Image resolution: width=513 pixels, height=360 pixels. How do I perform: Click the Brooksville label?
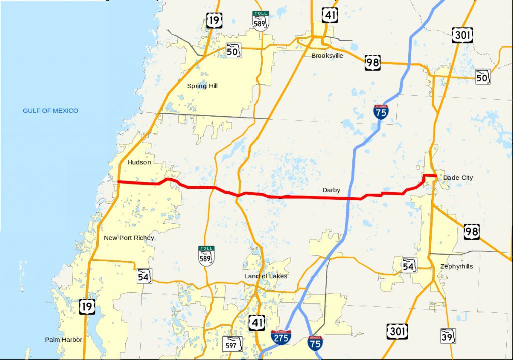click(327, 56)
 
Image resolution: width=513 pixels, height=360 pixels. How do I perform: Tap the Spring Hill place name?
click(202, 86)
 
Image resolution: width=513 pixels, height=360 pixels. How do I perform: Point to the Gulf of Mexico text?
click(50, 111)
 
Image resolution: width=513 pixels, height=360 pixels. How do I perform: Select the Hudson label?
click(139, 162)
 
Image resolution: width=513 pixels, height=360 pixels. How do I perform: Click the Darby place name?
click(331, 190)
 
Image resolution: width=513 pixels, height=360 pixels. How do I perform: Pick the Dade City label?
click(458, 178)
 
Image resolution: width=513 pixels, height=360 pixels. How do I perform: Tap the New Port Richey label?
click(129, 238)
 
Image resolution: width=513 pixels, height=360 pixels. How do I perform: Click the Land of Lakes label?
click(266, 276)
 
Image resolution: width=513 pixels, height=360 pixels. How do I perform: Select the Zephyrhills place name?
click(456, 267)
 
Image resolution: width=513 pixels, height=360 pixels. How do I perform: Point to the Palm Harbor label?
click(63, 339)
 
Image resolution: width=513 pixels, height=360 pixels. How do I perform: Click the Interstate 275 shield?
click(280, 339)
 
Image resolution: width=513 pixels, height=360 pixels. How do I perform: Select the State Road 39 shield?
click(448, 336)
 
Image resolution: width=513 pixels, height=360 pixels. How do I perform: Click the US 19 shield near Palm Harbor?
click(87, 306)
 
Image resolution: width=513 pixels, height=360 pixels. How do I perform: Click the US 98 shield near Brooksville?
click(373, 62)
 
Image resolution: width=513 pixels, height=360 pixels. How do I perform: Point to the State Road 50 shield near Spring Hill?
click(233, 50)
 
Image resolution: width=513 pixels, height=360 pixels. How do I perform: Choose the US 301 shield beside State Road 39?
click(397, 331)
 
